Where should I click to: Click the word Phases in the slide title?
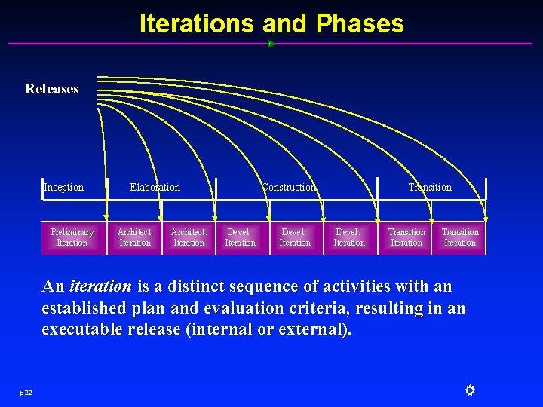(x=360, y=23)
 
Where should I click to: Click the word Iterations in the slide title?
(x=197, y=23)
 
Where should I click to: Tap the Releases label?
(x=52, y=89)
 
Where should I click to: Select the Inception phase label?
(x=64, y=187)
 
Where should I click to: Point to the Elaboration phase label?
(x=155, y=187)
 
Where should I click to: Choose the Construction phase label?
(x=289, y=187)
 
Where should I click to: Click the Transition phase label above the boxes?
(x=430, y=187)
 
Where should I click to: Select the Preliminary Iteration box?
(x=72, y=237)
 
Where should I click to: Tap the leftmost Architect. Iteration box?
(x=135, y=237)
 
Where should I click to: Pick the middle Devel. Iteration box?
(x=295, y=237)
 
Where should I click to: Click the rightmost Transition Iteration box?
(x=460, y=237)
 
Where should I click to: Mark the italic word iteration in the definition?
(x=100, y=286)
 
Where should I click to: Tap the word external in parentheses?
(x=316, y=330)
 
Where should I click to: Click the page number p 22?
(x=26, y=391)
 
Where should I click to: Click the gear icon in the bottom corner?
(x=469, y=390)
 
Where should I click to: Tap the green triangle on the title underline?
(x=271, y=44)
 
